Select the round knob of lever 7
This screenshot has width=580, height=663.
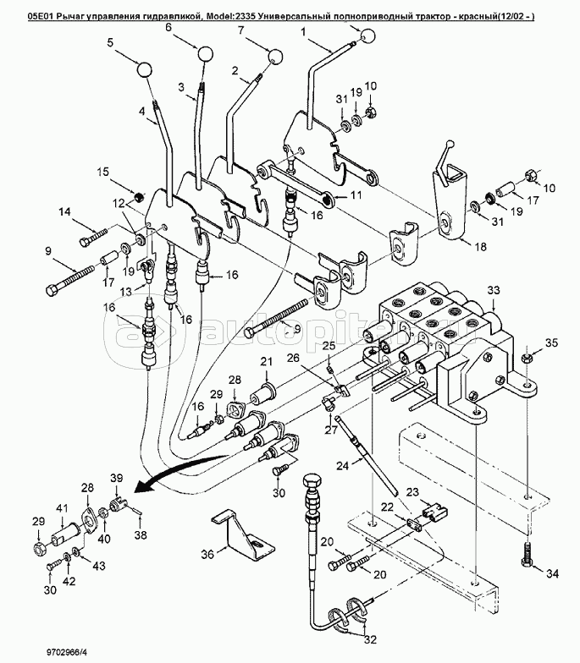(x=275, y=57)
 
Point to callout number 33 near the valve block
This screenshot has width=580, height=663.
(x=494, y=290)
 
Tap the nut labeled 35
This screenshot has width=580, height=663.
(x=526, y=357)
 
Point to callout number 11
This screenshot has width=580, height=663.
(x=354, y=195)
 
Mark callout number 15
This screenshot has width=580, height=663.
(x=103, y=173)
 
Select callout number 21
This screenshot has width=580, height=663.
(x=266, y=363)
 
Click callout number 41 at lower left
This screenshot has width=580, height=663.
(x=61, y=508)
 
